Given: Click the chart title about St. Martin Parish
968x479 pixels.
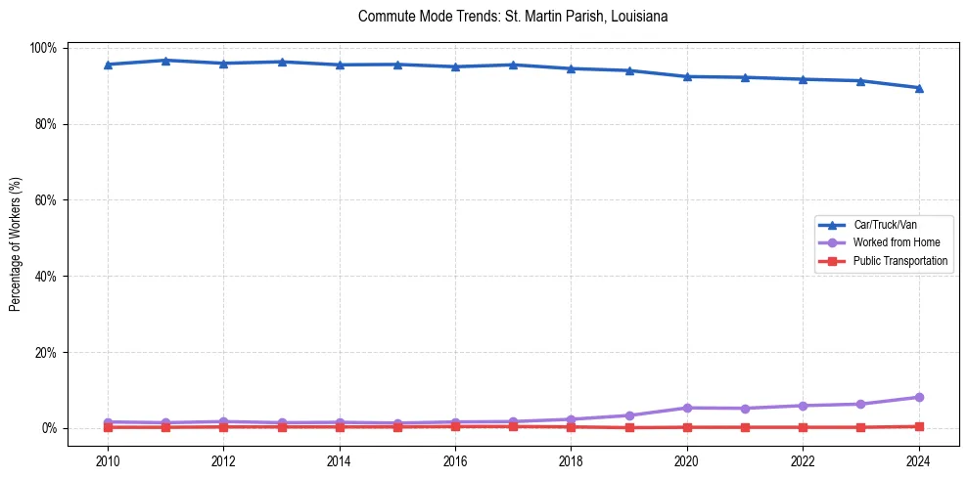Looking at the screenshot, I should click(513, 17).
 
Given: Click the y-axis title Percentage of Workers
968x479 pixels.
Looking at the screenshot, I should click(15, 238).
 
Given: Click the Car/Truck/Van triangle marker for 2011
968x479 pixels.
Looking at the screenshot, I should click(165, 61).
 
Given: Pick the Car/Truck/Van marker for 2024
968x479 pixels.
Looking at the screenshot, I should click(918, 88).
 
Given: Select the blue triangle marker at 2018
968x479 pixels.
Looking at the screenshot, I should click(571, 68).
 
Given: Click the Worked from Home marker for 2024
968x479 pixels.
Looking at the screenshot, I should click(918, 397).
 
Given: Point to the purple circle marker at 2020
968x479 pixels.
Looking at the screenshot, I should click(687, 408).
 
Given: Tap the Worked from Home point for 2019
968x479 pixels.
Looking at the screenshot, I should click(629, 415).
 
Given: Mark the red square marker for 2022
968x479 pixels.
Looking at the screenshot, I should click(803, 427).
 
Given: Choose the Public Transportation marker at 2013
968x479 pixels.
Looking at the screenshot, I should click(282, 427).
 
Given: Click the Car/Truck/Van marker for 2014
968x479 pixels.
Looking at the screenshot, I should click(340, 65).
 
